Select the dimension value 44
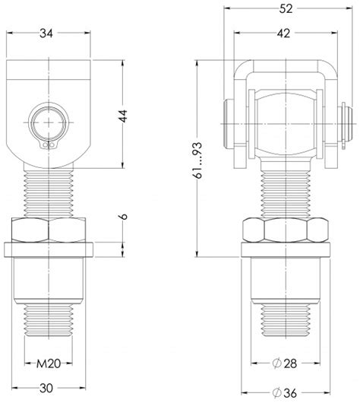[x=123, y=116]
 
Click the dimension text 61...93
[x=198, y=157]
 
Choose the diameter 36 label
[x=286, y=392]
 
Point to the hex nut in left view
[x=50, y=230]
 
